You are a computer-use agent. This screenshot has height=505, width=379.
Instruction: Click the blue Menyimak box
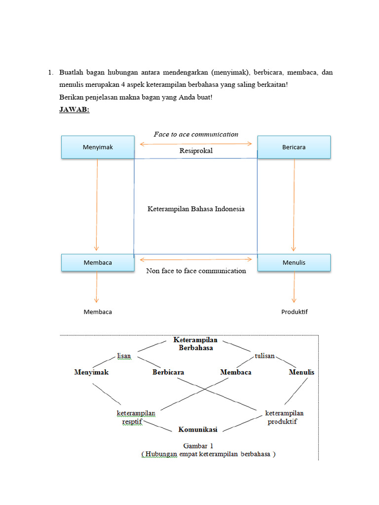(x=98, y=147)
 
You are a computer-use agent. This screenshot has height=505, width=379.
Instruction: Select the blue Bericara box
(x=294, y=147)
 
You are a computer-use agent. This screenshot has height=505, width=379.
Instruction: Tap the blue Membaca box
(x=98, y=262)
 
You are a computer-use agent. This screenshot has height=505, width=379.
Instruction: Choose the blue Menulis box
(x=294, y=262)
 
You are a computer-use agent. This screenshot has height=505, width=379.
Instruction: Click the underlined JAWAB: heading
(x=74, y=110)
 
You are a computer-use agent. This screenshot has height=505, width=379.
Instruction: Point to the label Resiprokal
(x=196, y=151)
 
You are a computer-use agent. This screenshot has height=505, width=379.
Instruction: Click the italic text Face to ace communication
(x=196, y=134)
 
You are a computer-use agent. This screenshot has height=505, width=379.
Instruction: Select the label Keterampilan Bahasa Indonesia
(x=196, y=209)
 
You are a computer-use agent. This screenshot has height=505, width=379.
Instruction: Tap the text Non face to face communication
(x=196, y=271)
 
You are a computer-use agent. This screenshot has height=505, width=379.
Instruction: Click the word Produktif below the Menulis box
(x=295, y=312)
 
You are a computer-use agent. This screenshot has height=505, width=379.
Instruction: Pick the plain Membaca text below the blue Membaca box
(x=98, y=312)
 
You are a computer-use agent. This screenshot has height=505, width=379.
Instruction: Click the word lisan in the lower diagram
(x=124, y=356)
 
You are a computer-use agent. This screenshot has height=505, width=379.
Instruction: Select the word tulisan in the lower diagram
(x=265, y=356)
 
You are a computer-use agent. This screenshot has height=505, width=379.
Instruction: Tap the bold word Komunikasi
(x=198, y=430)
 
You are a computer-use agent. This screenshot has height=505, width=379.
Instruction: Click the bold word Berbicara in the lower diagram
(x=168, y=372)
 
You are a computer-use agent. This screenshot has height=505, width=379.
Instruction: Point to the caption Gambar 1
(x=198, y=445)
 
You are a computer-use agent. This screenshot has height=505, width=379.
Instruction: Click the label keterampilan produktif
(x=284, y=417)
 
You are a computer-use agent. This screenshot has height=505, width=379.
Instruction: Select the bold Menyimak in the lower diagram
(x=91, y=372)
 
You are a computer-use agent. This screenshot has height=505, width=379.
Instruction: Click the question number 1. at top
(x=50, y=72)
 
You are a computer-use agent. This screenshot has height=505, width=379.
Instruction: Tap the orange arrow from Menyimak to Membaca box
(x=97, y=205)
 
